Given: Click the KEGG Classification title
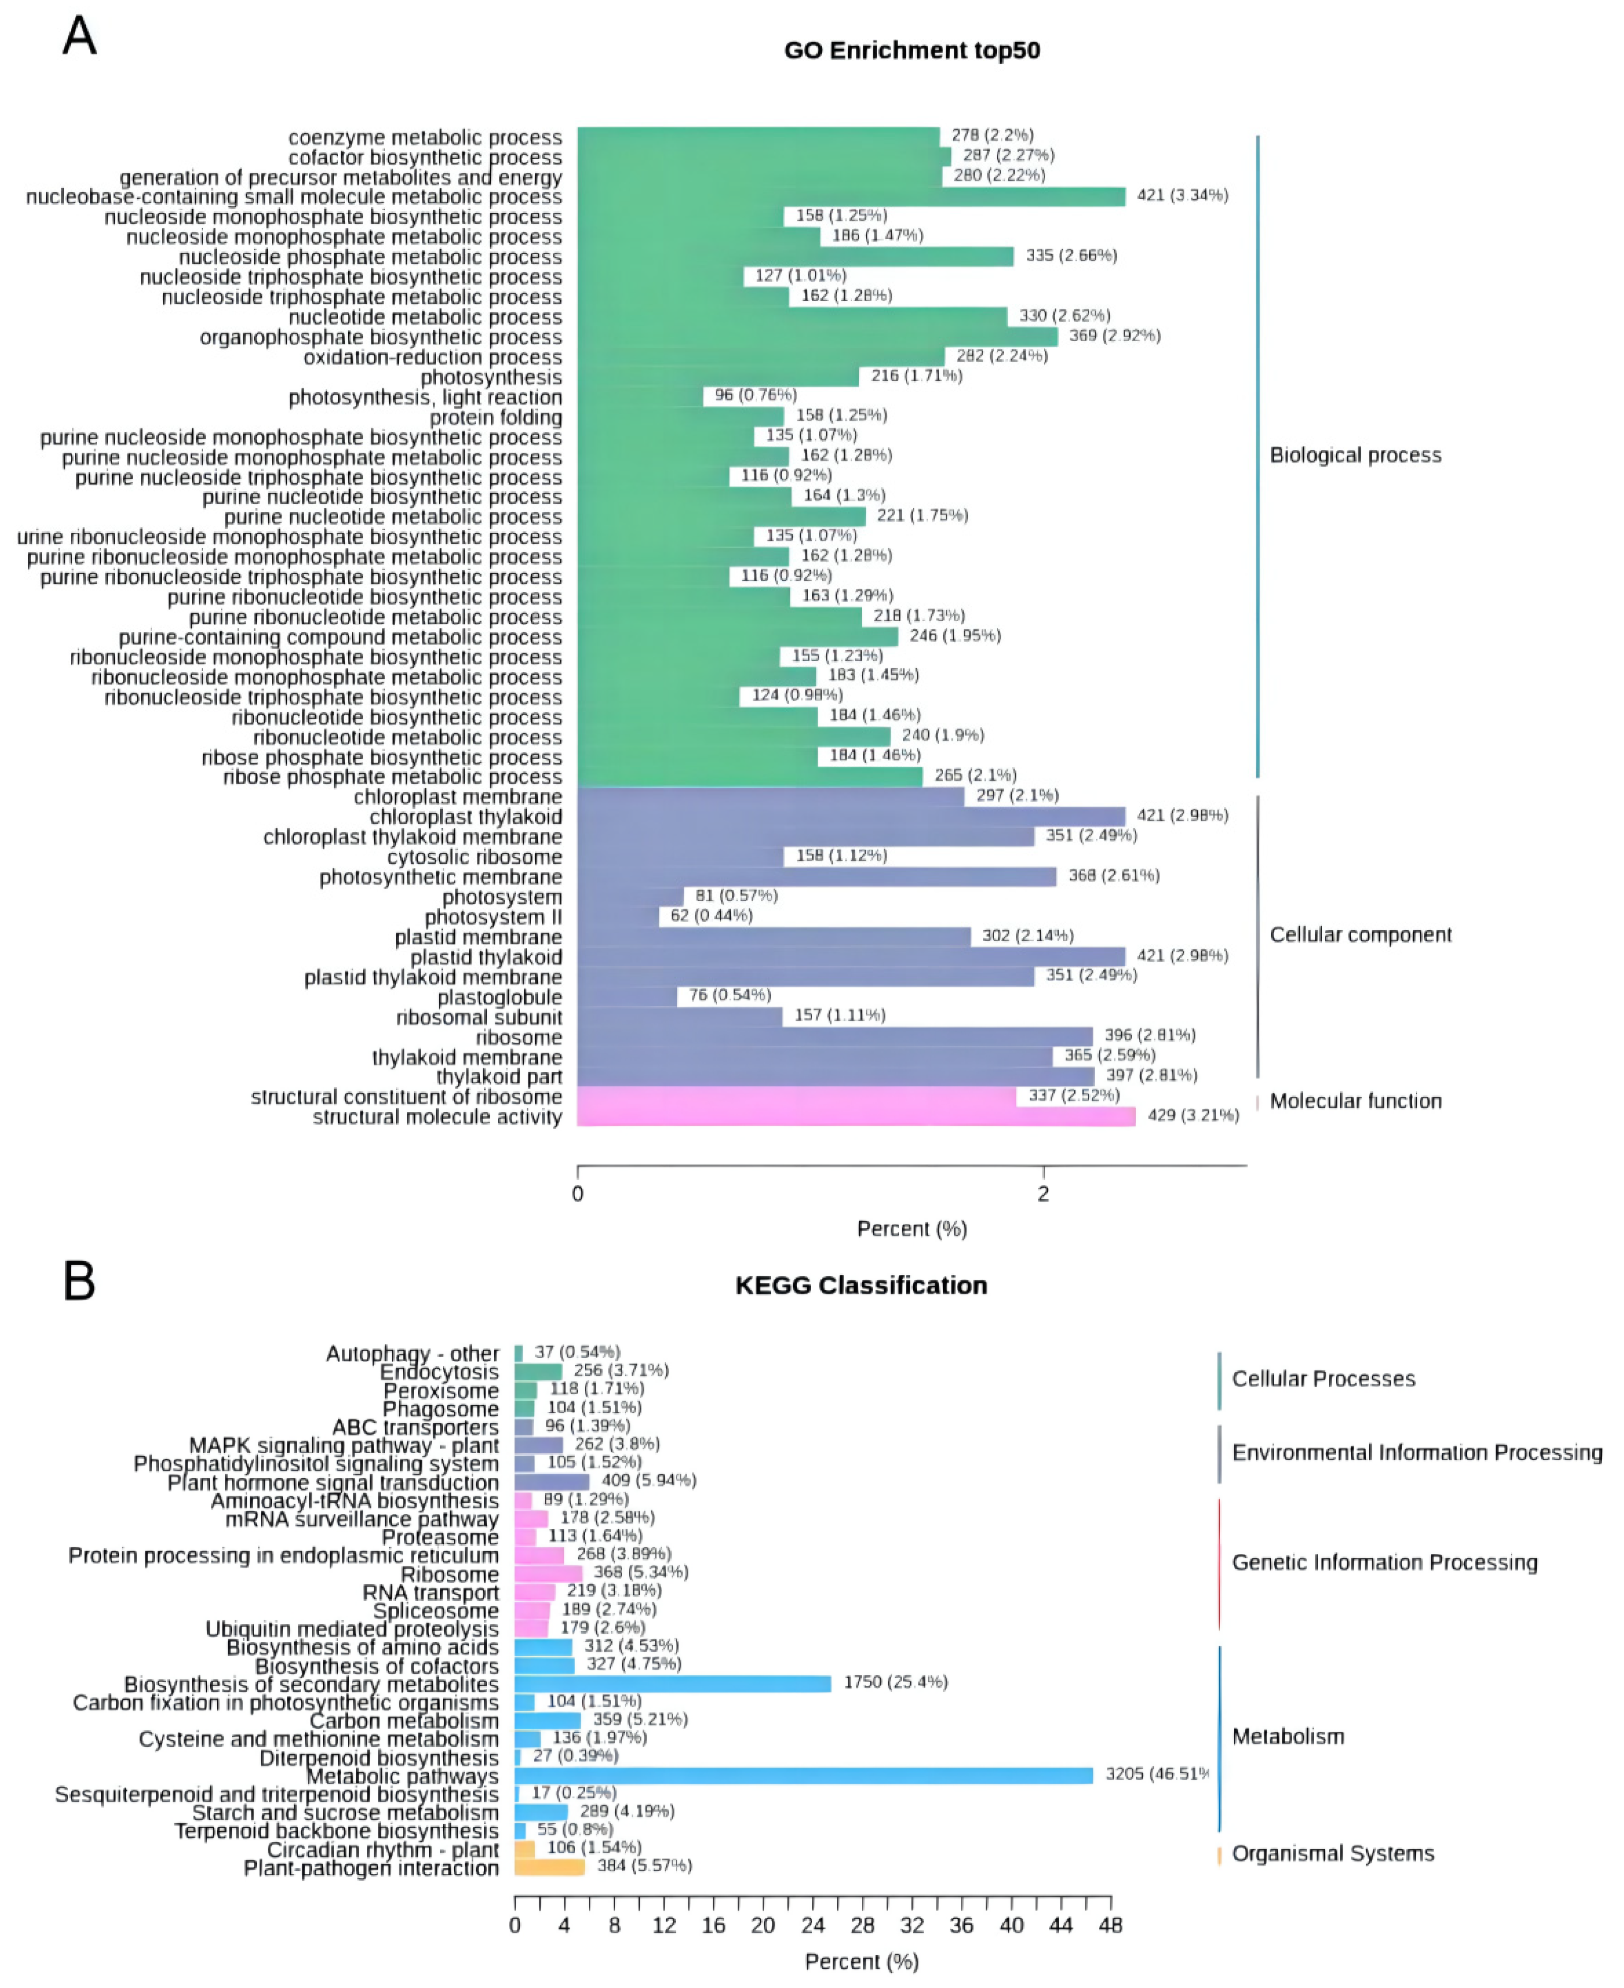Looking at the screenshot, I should [x=861, y=1285].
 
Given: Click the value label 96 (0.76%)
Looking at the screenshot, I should [x=756, y=395].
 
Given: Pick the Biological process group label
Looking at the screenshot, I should [x=1355, y=455].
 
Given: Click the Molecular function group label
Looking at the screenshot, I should [x=1355, y=1101].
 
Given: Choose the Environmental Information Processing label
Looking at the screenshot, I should [x=1416, y=1453].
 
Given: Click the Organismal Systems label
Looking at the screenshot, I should [x=1332, y=1854].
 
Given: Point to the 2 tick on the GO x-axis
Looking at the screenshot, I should [x=1043, y=1194].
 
